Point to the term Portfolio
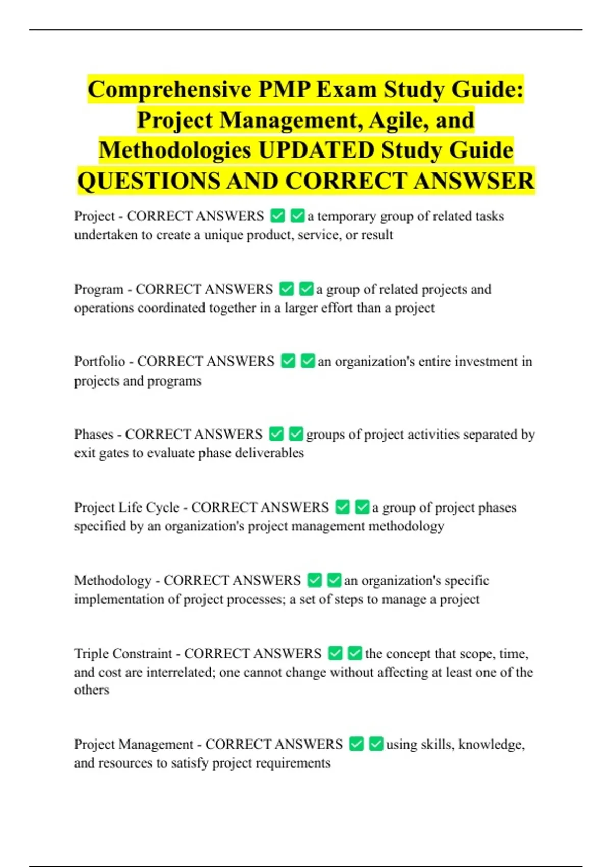pyautogui.click(x=99, y=361)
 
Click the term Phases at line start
pyautogui.click(x=94, y=434)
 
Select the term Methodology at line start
pyautogui.click(x=113, y=580)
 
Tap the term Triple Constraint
pyautogui.click(x=123, y=653)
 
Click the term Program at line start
pyautogui.click(x=98, y=289)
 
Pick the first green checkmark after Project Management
pyautogui.click(x=356, y=744)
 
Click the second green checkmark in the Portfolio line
pyautogui.click(x=308, y=361)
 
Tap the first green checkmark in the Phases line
pyautogui.click(x=276, y=434)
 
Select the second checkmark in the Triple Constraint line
pyautogui.click(x=354, y=653)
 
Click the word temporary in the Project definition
pyautogui.click(x=347, y=216)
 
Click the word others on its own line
pyautogui.click(x=92, y=690)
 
